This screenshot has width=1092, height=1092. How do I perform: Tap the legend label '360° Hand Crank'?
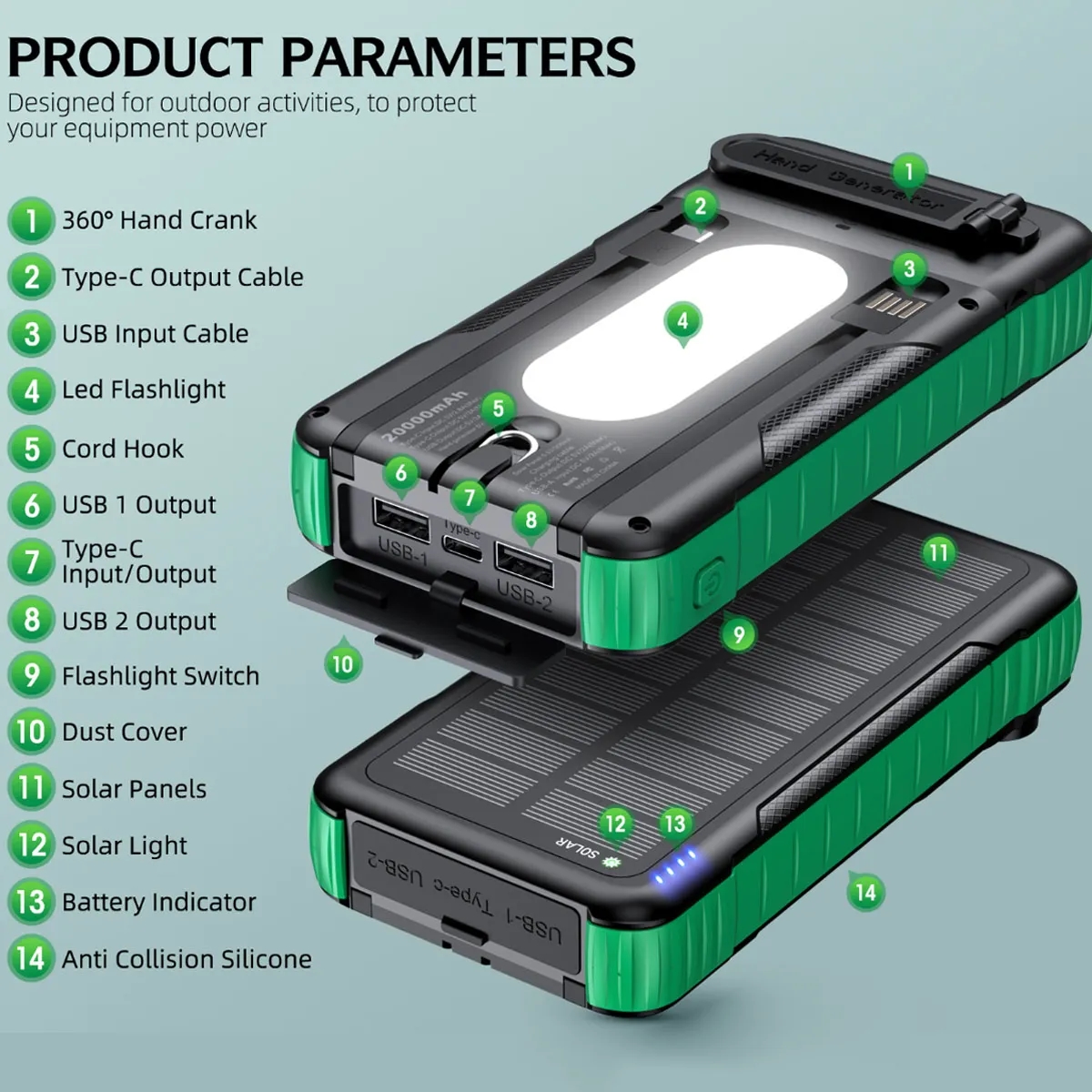point(159,220)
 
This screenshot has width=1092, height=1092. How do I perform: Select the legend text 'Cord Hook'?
point(123,449)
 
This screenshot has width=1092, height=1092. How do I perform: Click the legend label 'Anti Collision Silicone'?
point(187,959)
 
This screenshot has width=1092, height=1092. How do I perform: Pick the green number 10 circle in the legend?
point(31,732)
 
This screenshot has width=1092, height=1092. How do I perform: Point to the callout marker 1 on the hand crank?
point(908,171)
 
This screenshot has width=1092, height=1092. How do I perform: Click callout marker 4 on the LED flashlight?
point(682,320)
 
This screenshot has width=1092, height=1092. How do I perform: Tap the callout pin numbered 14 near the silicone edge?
point(865,892)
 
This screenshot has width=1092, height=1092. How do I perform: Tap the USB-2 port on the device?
point(524,564)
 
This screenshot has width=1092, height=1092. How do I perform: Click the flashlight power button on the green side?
point(708,584)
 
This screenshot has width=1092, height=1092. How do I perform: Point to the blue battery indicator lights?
point(673,869)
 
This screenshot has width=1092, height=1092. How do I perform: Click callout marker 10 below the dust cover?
point(342,664)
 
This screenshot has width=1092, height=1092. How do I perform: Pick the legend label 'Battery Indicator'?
point(159,903)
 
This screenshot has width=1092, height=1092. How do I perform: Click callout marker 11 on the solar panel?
point(937,552)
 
